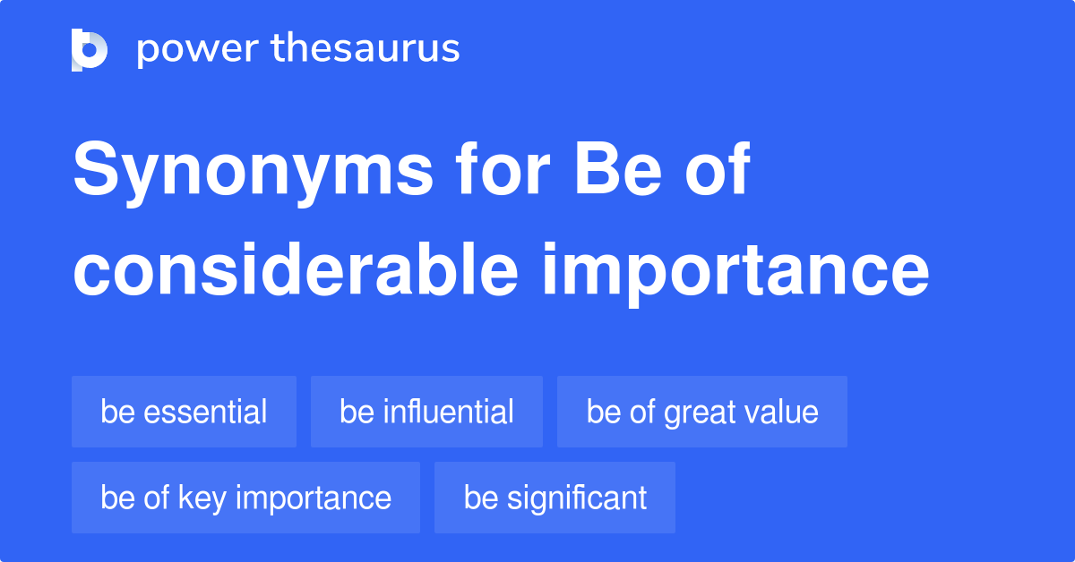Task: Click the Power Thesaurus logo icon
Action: click(90, 49)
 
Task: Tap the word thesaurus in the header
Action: click(366, 49)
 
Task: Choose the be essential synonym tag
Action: click(184, 412)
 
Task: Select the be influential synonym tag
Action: click(426, 412)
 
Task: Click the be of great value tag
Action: click(701, 412)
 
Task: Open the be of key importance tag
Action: click(245, 498)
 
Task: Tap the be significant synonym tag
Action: click(555, 498)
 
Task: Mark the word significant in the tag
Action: click(577, 498)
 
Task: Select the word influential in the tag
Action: click(448, 412)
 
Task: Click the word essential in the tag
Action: click(205, 412)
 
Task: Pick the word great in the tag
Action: click(696, 412)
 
